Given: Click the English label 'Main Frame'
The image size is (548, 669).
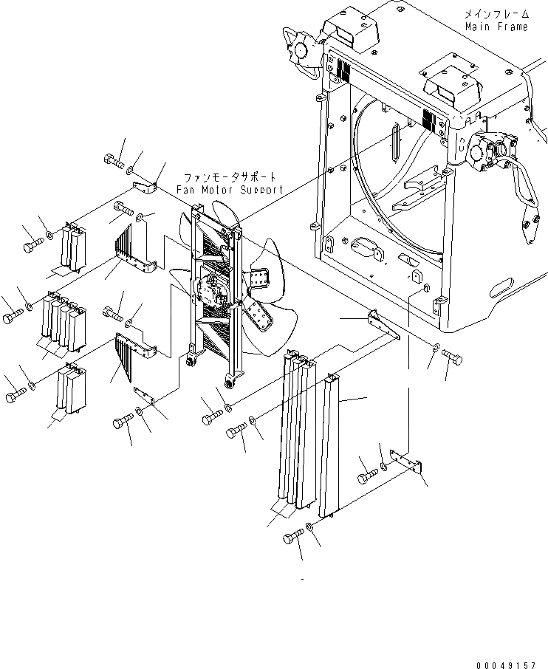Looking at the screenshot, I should [x=496, y=27].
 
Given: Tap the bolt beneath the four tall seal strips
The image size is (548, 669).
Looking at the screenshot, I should [x=293, y=538].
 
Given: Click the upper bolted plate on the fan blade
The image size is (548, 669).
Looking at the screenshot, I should [x=259, y=280].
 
